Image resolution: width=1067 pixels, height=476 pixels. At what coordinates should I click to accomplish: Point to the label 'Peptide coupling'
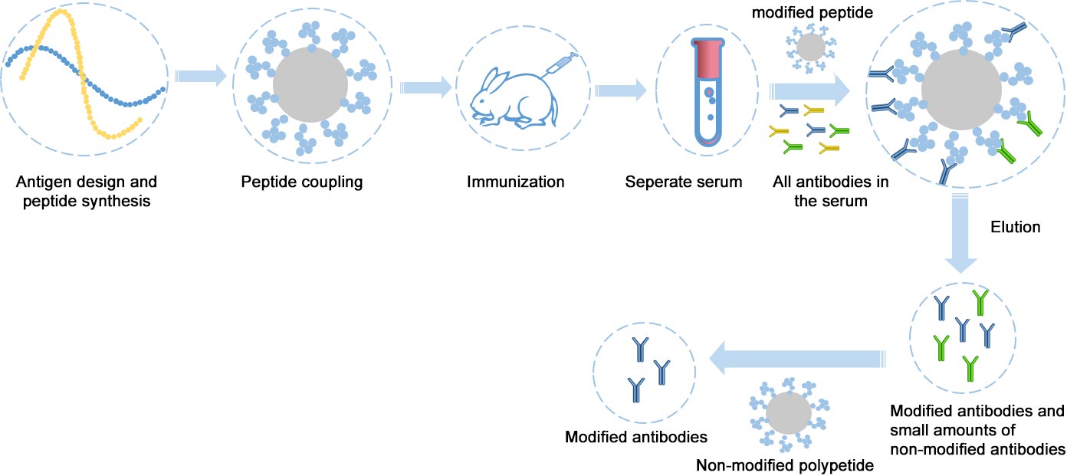[302, 182]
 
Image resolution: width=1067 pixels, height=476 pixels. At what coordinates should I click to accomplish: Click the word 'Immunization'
[516, 182]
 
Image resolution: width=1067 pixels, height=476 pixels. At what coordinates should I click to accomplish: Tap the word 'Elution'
[1016, 228]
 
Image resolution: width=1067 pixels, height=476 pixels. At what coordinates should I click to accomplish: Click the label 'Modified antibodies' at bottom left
[635, 438]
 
